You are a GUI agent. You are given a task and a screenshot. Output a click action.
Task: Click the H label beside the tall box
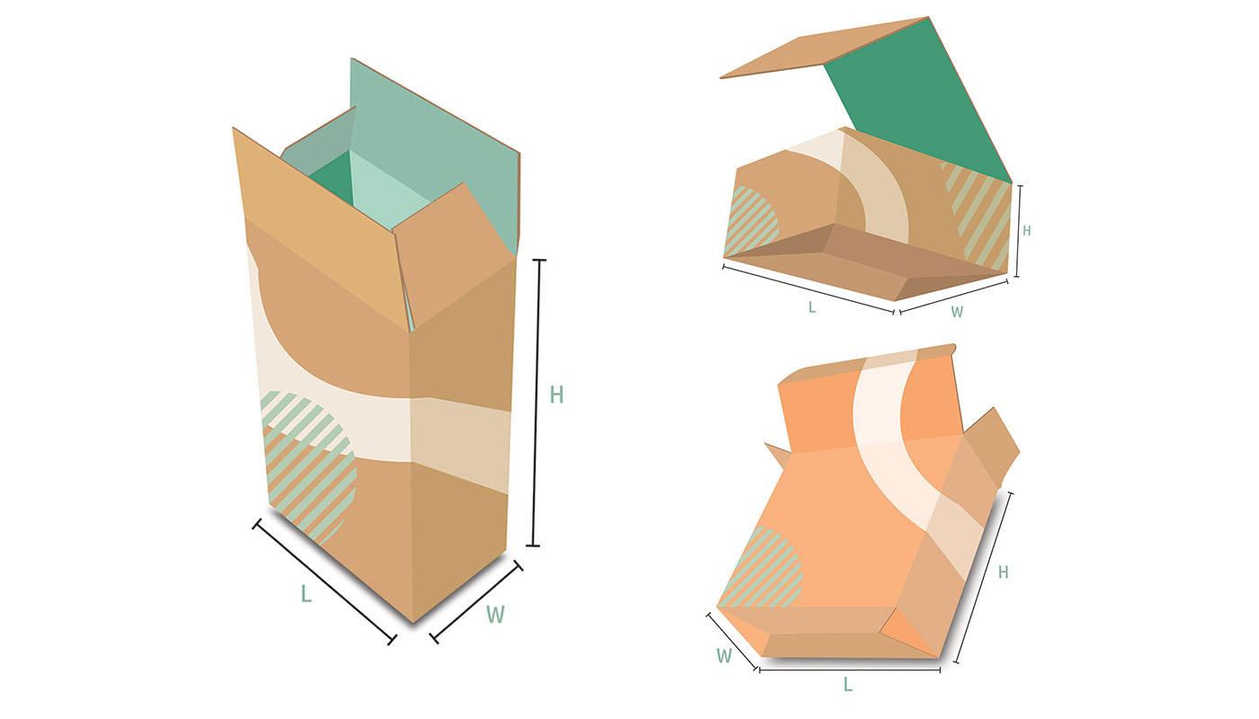pyautogui.click(x=557, y=395)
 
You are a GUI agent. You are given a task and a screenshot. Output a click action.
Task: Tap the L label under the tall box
pyautogui.click(x=306, y=594)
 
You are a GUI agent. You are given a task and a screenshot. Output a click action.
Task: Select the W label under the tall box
pyautogui.click(x=496, y=615)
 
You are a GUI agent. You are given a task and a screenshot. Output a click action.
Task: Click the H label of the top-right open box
pyautogui.click(x=1026, y=230)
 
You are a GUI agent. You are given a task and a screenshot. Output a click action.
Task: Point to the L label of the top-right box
pyautogui.click(x=811, y=307)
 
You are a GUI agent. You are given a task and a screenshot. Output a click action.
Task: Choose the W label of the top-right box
pyautogui.click(x=957, y=312)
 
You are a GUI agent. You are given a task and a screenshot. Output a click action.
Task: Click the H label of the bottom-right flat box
pyautogui.click(x=1004, y=572)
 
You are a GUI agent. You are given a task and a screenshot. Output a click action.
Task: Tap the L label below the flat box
pyautogui.click(x=847, y=684)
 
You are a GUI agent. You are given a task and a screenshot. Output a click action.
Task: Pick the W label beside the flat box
pyautogui.click(x=724, y=655)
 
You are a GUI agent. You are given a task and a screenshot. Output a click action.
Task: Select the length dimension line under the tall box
pyautogui.click(x=325, y=581)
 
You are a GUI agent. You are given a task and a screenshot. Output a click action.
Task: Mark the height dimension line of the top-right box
pyautogui.click(x=1018, y=230)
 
